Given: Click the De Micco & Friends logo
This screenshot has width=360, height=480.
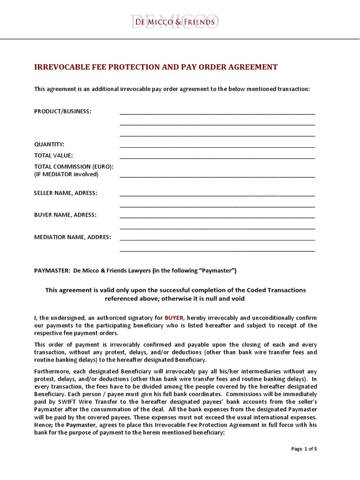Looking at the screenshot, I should [175, 22].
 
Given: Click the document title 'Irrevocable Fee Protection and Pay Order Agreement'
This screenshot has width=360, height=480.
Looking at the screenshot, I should [156, 67].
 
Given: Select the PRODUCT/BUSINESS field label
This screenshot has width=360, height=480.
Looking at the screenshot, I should [63, 111].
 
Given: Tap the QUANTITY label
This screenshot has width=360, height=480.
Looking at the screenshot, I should [49, 144].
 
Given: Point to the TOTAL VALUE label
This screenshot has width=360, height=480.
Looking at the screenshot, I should [53, 155].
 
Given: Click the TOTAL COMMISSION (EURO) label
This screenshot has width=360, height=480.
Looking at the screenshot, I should [74, 166].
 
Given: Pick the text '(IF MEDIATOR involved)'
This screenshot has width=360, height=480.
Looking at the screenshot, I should [66, 174].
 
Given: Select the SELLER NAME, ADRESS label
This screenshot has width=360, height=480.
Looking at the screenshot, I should [66, 193].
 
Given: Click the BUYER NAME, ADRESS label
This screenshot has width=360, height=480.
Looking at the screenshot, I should [65, 215].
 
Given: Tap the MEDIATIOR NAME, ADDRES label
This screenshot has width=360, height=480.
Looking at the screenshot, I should [73, 237].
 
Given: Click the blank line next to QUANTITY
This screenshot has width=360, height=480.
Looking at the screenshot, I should [217, 146].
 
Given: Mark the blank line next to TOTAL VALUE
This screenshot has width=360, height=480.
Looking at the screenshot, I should [217, 157].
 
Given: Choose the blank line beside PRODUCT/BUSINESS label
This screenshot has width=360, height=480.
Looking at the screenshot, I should [217, 113].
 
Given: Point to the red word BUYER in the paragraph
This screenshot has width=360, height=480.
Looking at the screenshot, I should [174, 317].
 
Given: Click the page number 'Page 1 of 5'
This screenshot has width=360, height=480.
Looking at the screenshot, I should [304, 449].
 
